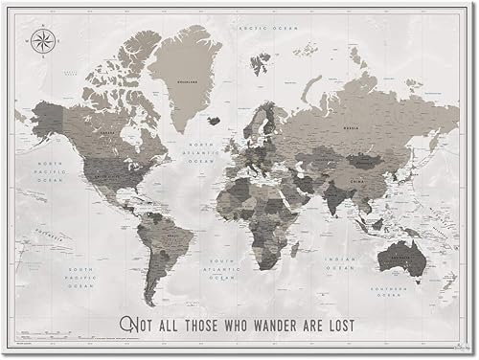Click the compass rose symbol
(42, 40)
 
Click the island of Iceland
(213, 120)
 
